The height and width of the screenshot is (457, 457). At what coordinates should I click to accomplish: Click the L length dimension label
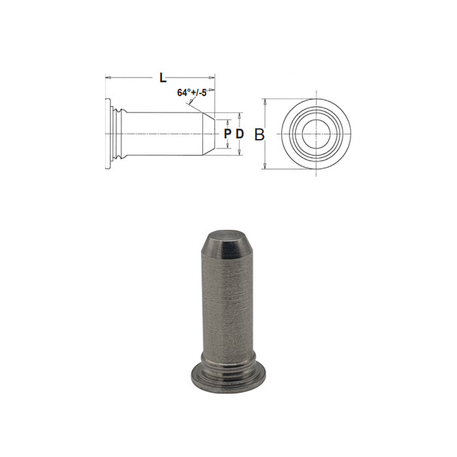pyautogui.click(x=163, y=78)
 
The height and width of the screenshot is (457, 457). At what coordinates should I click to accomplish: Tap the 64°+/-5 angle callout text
pyautogui.click(x=192, y=93)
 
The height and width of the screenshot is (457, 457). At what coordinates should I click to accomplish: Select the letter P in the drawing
pyautogui.click(x=227, y=134)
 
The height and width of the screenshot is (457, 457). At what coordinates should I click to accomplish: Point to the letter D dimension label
pyautogui.click(x=240, y=134)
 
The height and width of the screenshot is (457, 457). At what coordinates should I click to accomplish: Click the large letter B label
pyautogui.click(x=259, y=135)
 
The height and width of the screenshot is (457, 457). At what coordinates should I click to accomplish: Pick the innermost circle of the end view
pyautogui.click(x=316, y=134)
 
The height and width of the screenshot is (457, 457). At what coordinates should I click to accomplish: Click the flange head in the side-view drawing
pyautogui.click(x=107, y=134)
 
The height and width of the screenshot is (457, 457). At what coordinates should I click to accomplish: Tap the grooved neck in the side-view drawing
pyautogui.click(x=117, y=134)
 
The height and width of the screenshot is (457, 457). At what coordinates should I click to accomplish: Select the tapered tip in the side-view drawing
pyautogui.click(x=207, y=134)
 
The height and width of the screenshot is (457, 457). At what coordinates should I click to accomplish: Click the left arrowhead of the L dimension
pyautogui.click(x=108, y=78)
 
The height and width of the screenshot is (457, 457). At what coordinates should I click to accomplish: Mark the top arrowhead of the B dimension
pyautogui.click(x=265, y=102)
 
